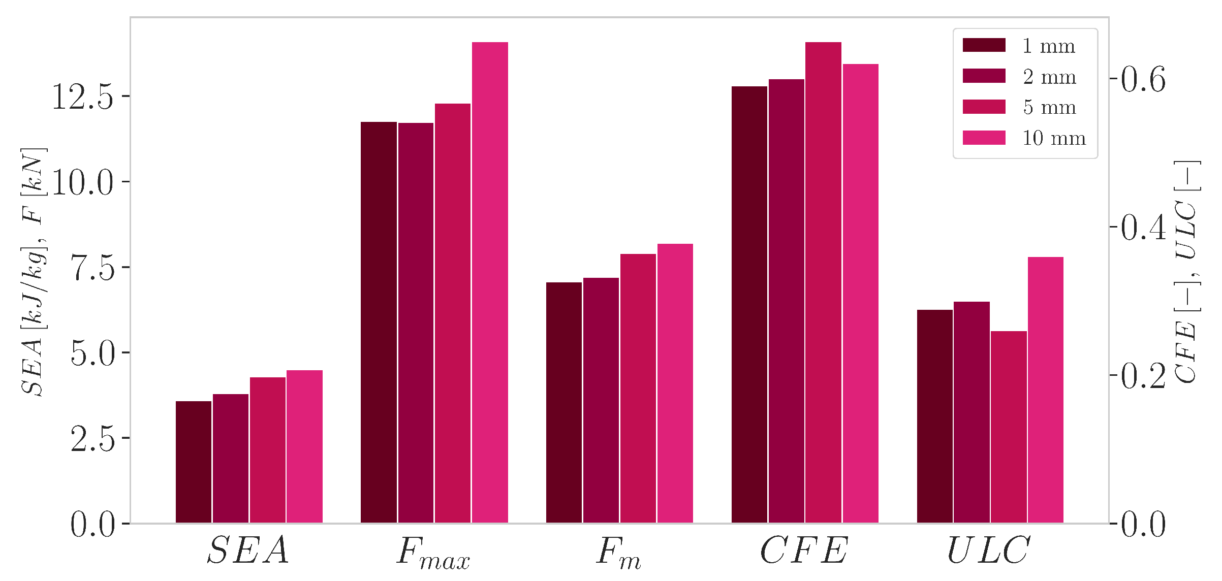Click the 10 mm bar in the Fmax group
[490, 283]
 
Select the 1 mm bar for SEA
[194, 462]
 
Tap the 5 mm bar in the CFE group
[823, 283]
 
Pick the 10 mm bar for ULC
[1046, 390]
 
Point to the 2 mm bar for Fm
[601, 400]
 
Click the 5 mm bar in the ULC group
[1009, 427]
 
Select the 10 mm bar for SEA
[304, 447]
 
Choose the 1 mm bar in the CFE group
[749, 305]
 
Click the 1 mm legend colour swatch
[984, 45]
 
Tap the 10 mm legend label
[1054, 138]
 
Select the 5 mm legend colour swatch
[984, 107]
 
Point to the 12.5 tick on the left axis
[125, 96]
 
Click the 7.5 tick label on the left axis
[93, 268]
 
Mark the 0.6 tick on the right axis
[1114, 78]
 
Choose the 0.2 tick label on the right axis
[1143, 376]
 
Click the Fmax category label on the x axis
[433, 553]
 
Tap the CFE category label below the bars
[804, 551]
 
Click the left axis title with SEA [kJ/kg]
[34, 272]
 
